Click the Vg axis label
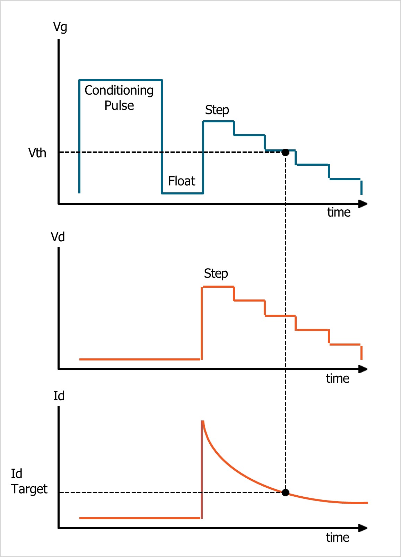[60, 27]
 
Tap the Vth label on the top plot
[37, 153]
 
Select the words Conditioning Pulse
[119, 98]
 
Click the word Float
[182, 181]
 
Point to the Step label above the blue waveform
[217, 110]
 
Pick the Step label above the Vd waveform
[216, 273]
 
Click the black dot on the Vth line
[285, 153]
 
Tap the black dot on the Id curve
[285, 493]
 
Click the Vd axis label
[58, 237]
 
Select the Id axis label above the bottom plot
[59, 396]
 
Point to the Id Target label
[29, 481]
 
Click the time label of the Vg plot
[339, 212]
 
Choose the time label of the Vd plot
[337, 378]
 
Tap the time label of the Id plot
[337, 537]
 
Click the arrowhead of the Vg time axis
[363, 204]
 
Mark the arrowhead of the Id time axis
[363, 528]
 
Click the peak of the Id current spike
[202, 421]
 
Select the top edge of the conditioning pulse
[121, 80]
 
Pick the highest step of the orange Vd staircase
[218, 287]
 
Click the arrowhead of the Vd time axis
[363, 369]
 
